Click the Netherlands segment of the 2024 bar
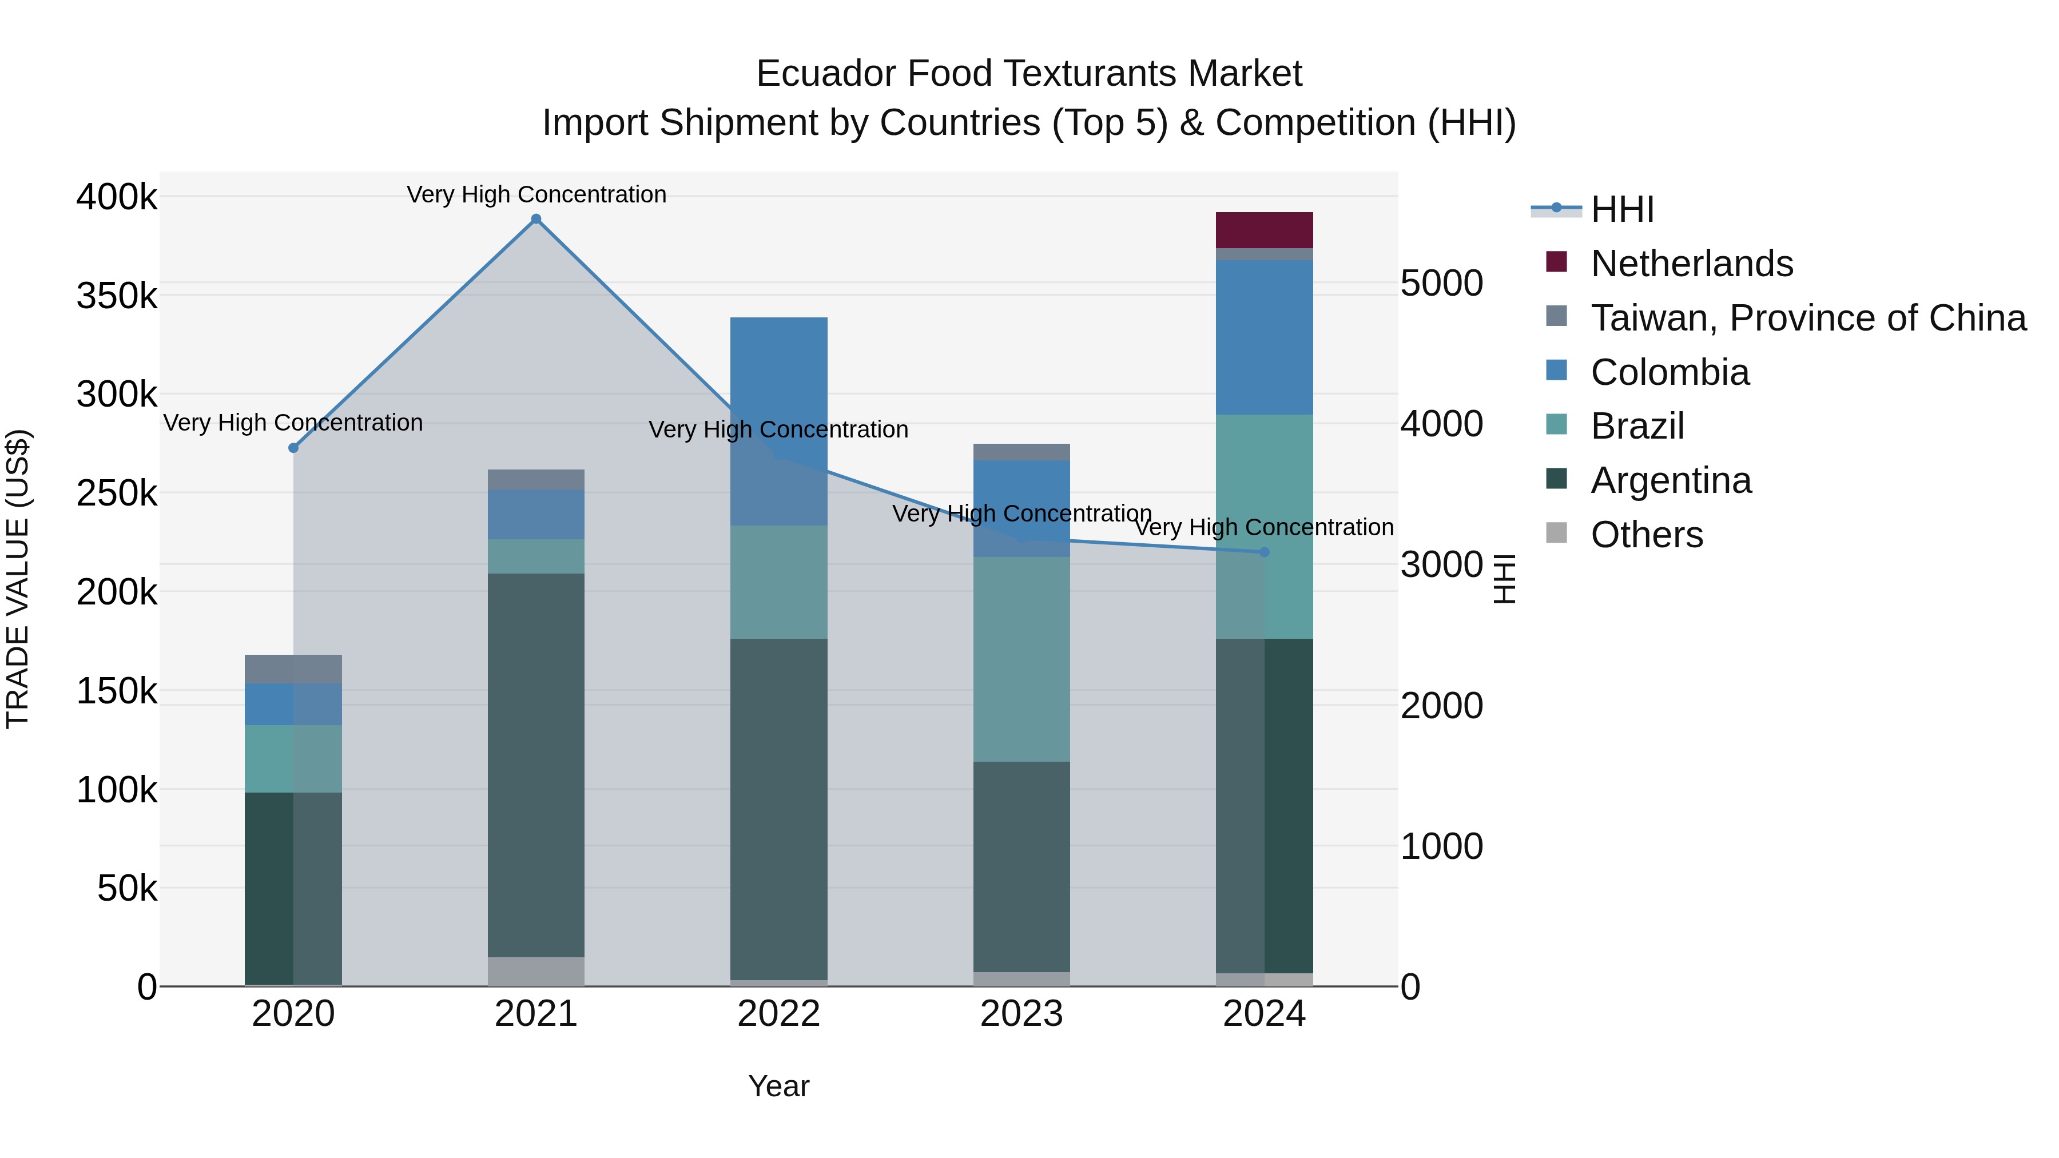1263,230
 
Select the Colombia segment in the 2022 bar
778,376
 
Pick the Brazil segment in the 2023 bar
1021,659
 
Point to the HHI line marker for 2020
293,448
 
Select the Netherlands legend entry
1691,264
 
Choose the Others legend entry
1647,535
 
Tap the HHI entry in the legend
1622,209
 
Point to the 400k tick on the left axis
117,197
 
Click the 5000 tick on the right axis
1441,283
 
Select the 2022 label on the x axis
778,1014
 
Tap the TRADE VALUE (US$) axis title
18,579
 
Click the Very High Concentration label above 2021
536,194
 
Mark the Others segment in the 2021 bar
535,971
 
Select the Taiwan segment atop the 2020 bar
293,669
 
